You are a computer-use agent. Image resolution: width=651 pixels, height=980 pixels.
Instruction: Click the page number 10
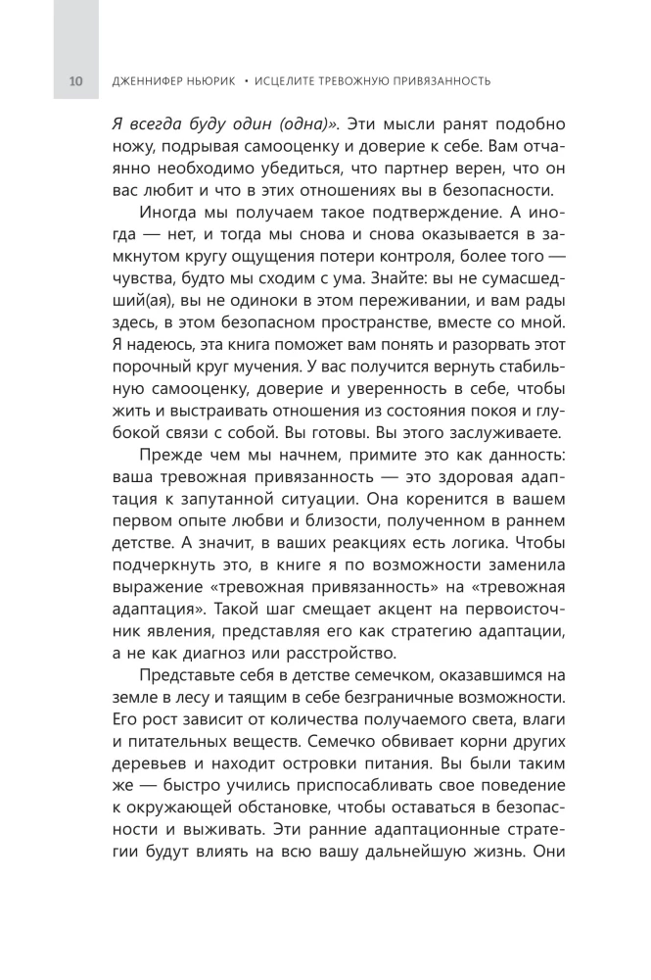coord(76,80)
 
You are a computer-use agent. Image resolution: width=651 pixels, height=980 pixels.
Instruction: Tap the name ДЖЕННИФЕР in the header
coord(148,80)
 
